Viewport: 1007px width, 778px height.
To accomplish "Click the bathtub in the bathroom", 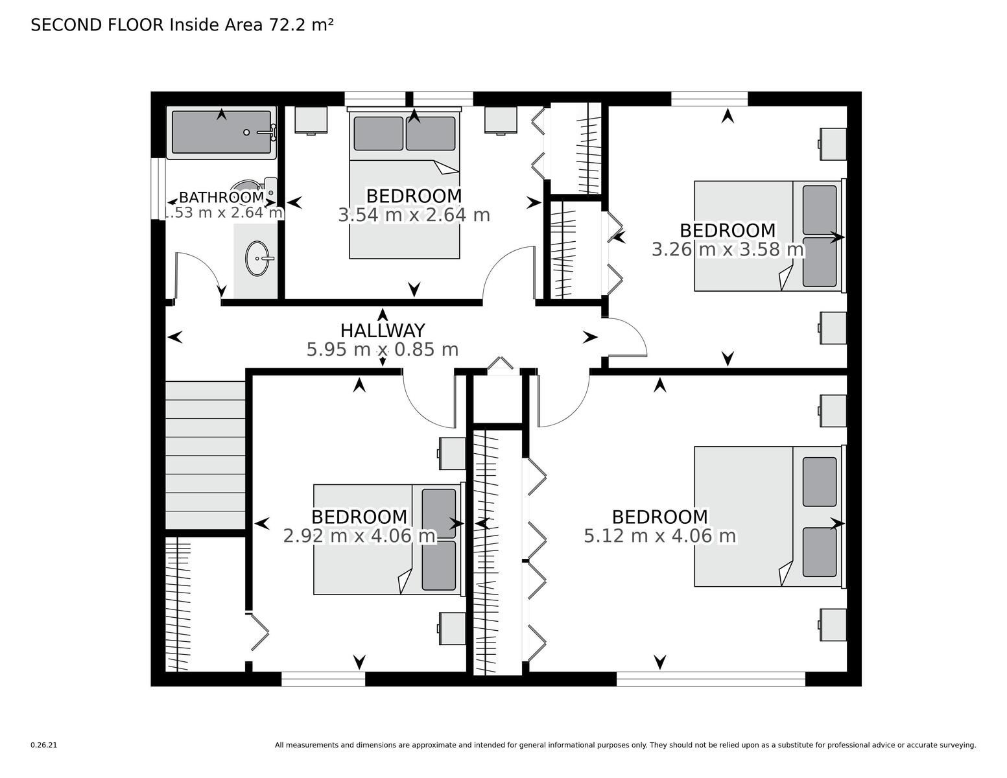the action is pyautogui.click(x=221, y=132).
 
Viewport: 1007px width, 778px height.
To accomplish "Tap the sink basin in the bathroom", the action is pyautogui.click(x=257, y=258).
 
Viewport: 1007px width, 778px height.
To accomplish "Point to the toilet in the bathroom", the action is pyautogui.click(x=257, y=190).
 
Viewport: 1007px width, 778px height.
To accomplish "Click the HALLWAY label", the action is pyautogui.click(x=383, y=331).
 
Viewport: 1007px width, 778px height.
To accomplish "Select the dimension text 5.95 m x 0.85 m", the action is pyautogui.click(x=383, y=349).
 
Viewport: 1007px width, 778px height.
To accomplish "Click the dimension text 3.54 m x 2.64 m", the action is pyautogui.click(x=414, y=215).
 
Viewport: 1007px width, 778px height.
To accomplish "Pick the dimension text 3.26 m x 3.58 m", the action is pyautogui.click(x=728, y=250).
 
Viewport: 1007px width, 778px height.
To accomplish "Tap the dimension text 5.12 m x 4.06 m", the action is pyautogui.click(x=660, y=536).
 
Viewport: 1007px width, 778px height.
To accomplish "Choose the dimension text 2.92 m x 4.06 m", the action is pyautogui.click(x=360, y=536).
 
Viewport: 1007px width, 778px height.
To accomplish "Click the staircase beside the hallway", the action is pyautogui.click(x=206, y=454).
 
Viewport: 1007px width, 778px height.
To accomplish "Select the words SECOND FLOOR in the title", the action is pyautogui.click(x=97, y=25).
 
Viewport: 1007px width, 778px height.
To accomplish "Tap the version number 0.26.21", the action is pyautogui.click(x=44, y=745).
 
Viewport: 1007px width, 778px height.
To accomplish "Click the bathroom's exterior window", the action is pyautogui.click(x=158, y=189).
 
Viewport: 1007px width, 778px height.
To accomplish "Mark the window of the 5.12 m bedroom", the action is pyautogui.click(x=711, y=679).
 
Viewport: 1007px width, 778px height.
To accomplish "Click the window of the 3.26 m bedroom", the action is pyautogui.click(x=709, y=99).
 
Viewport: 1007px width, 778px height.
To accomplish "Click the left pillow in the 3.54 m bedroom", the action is pyautogui.click(x=378, y=134).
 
